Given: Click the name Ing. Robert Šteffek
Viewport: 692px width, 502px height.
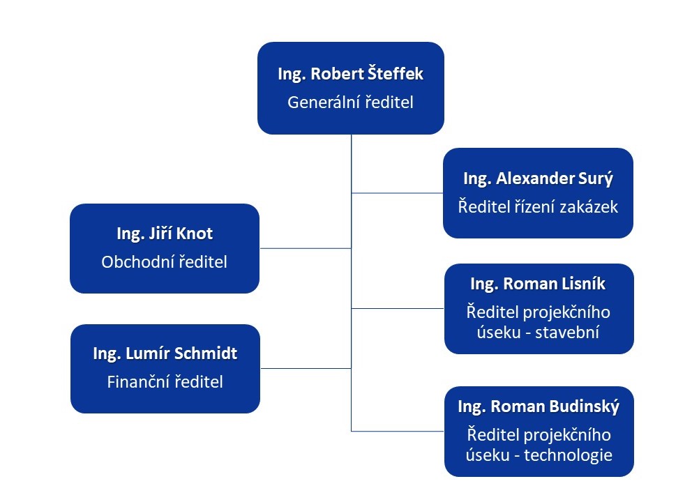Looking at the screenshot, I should point(350,75).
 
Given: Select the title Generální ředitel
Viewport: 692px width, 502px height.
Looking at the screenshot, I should point(350,102).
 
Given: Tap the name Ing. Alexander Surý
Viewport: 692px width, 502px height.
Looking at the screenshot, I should point(538,178).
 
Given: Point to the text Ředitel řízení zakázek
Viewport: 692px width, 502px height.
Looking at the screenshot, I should point(538,206).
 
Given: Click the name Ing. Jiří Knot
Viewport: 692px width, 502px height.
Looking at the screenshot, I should point(165,234).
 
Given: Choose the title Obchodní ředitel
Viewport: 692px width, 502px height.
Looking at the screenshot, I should point(165,262).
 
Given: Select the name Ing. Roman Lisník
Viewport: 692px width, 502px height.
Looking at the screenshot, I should point(538,284).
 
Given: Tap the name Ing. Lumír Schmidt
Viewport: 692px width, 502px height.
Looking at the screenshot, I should point(165,353).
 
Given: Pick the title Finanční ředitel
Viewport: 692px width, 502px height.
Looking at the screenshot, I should point(165,382).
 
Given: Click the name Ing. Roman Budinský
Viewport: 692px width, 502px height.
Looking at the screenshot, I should point(539,406).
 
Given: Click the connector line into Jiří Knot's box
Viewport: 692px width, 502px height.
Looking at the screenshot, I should point(305,248).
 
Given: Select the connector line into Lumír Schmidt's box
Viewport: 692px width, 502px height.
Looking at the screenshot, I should point(305,368).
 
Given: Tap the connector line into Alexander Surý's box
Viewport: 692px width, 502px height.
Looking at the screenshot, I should point(397,193).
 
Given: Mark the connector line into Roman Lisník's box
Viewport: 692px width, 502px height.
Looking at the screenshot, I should point(397,308).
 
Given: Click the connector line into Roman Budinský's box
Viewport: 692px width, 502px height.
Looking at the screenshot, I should point(397,432).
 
